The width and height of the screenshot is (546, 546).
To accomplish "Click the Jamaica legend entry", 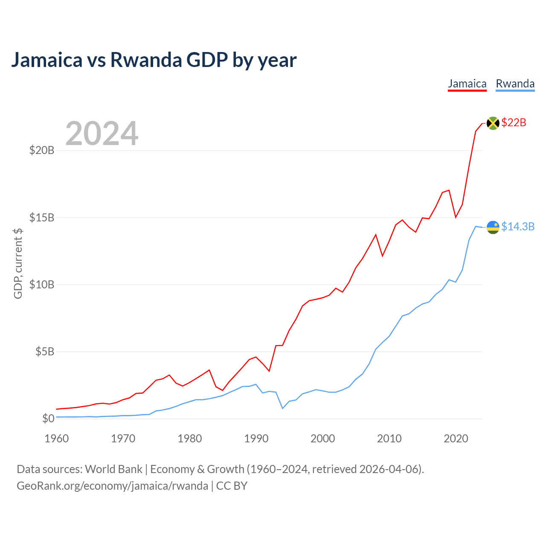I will coord(467,84).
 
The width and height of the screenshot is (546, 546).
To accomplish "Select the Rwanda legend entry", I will coord(515,84).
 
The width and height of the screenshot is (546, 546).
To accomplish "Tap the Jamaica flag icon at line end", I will coord(493,123).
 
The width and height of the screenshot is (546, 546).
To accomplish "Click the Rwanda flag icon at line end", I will coord(493,227).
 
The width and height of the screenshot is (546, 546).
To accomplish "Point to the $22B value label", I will coord(514,123).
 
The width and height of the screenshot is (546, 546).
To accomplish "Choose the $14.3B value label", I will coord(518,227).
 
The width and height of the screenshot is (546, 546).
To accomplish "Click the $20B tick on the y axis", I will coord(41,150).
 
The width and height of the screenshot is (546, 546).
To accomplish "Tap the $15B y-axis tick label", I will coord(41,218).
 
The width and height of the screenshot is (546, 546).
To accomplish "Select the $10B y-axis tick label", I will coord(41,285).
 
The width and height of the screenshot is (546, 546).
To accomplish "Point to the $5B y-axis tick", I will coord(44,351).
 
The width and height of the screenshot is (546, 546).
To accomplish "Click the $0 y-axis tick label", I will coord(48,418).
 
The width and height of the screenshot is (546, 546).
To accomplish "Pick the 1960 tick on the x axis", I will coord(57,439).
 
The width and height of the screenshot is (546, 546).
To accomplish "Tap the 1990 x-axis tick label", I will coord(256,439).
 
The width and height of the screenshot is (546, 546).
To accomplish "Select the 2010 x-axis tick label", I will coord(389,439).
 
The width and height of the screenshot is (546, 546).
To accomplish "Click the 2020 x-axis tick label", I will coord(456,439).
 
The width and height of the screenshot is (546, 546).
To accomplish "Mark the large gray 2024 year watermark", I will coord(102,134).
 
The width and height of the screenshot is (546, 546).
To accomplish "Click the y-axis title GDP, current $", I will coord(18,264).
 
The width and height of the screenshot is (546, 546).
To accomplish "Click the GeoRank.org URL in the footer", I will coord(112,486).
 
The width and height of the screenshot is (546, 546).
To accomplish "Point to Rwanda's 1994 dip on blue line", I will coord(282,408).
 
